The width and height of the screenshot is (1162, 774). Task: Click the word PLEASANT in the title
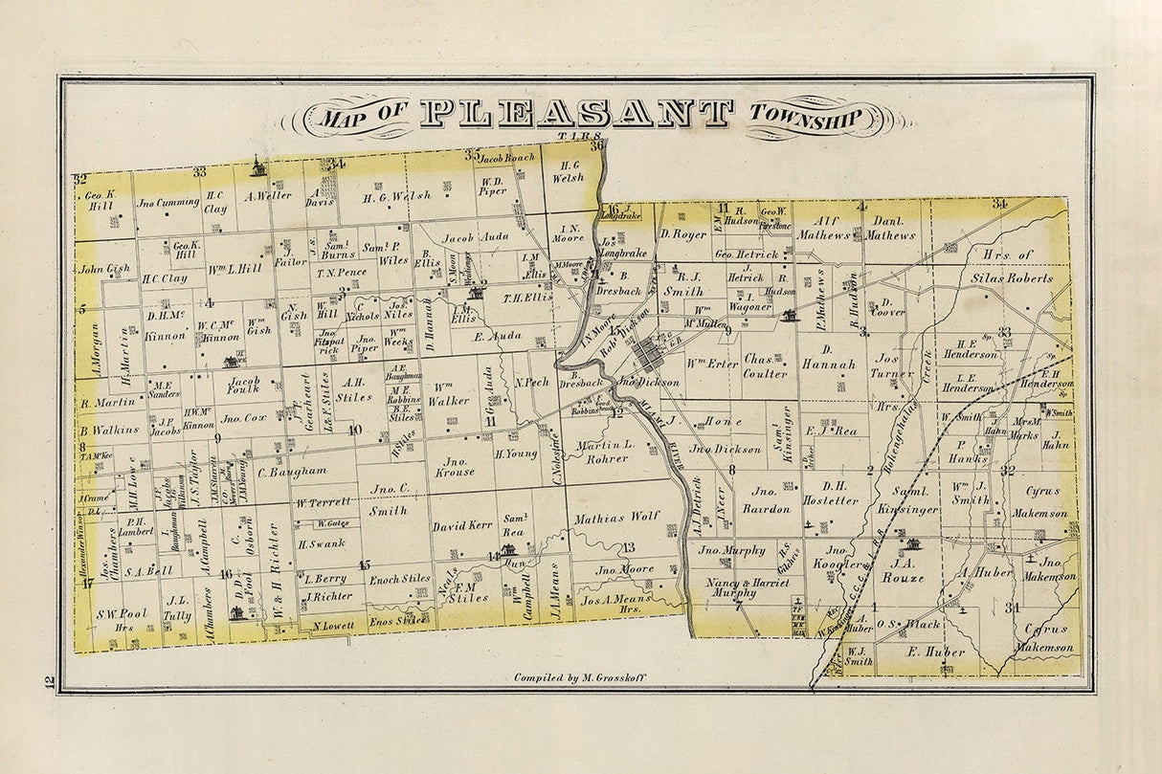(x=576, y=114)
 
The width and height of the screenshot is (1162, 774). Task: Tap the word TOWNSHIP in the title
(x=807, y=118)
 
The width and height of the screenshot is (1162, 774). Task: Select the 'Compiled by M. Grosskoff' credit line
(x=580, y=677)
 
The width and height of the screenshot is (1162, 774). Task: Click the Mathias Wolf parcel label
(x=617, y=517)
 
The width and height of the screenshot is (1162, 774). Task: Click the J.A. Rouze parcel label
(x=904, y=570)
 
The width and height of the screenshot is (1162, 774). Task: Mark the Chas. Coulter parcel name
(x=766, y=367)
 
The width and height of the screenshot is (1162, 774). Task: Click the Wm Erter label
(x=713, y=363)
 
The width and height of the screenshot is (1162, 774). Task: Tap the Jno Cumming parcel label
(x=167, y=202)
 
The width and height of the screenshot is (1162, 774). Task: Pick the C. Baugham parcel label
(x=292, y=471)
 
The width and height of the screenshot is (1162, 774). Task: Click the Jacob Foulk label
(x=244, y=385)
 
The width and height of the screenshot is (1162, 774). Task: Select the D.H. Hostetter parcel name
(x=831, y=493)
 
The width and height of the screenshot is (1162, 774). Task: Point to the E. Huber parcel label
(x=926, y=652)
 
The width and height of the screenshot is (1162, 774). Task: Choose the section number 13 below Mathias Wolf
(x=628, y=547)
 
